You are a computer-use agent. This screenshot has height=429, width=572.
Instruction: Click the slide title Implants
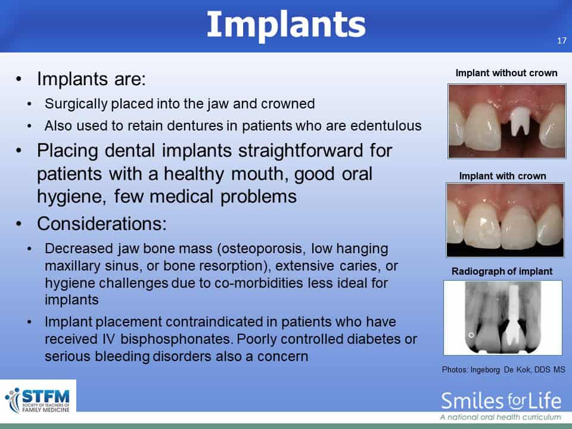pyautogui.click(x=286, y=25)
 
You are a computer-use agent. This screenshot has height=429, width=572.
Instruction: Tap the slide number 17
pyautogui.click(x=562, y=41)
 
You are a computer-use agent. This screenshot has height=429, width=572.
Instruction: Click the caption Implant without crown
pyautogui.click(x=506, y=73)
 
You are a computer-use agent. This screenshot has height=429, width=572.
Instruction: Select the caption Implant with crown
pyautogui.click(x=503, y=176)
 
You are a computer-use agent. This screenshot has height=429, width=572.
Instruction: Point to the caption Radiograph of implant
pyautogui.click(x=502, y=272)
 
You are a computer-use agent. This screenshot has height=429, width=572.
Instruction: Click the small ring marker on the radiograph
pyautogui.click(x=471, y=335)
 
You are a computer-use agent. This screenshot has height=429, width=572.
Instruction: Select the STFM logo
pyautogui.click(x=38, y=400)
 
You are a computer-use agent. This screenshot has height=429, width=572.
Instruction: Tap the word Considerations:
pyautogui.click(x=102, y=223)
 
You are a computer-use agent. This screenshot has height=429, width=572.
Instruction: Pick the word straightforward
pyautogui.click(x=300, y=151)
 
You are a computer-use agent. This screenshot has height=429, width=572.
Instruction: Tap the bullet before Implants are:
pyautogui.click(x=18, y=79)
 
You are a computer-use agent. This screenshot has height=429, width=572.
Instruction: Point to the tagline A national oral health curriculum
pyautogui.click(x=500, y=417)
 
